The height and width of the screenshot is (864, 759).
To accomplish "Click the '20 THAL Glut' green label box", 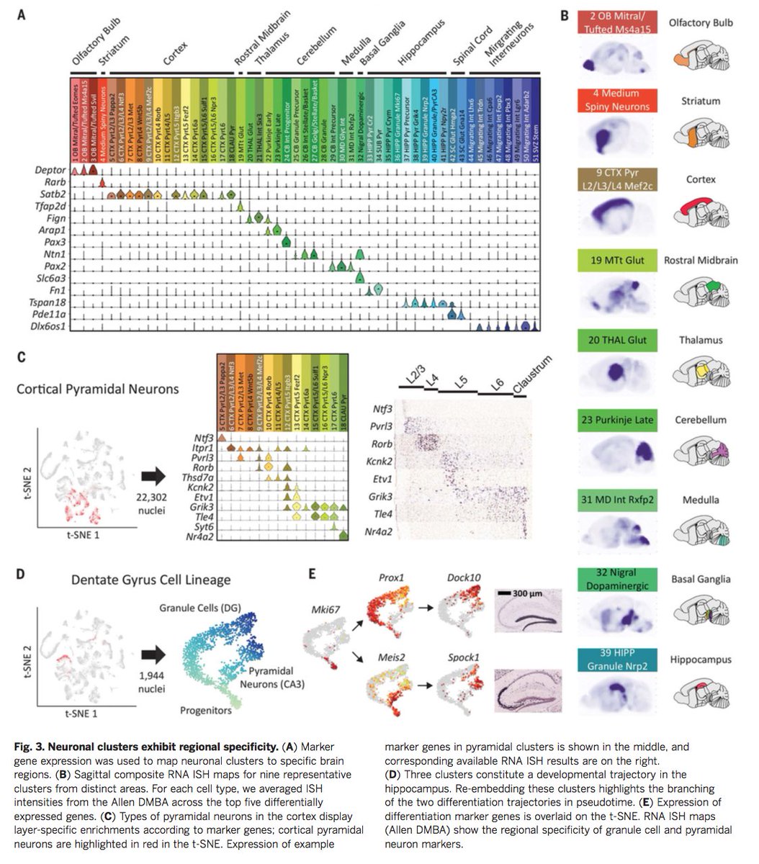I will pyautogui.click(x=616, y=340).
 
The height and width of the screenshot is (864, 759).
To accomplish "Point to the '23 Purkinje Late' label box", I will pyautogui.click(x=616, y=420).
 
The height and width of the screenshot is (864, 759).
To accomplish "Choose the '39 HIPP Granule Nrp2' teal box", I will pyautogui.click(x=616, y=660).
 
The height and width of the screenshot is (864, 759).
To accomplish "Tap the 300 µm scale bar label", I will pyautogui.click(x=529, y=595).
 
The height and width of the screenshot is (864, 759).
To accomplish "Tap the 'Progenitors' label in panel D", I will pyautogui.click(x=207, y=710).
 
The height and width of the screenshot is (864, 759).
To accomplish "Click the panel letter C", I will pyautogui.click(x=21, y=357).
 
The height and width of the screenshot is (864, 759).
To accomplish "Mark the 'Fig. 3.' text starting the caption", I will pyautogui.click(x=30, y=747).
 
